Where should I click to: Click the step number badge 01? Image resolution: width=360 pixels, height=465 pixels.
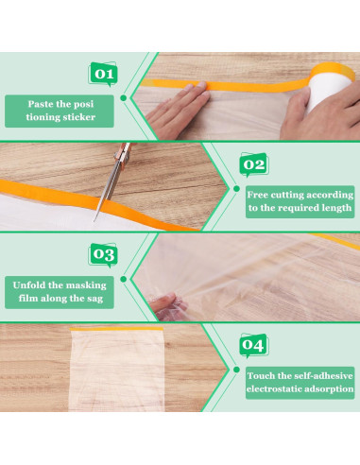point(103,75)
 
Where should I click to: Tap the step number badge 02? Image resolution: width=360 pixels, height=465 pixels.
point(254,164)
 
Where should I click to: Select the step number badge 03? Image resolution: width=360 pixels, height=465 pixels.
point(103,255)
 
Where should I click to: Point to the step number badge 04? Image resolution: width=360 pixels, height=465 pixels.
point(254,345)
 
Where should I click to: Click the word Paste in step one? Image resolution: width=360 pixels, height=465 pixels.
point(40,104)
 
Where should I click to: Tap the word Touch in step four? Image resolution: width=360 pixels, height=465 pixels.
point(261,376)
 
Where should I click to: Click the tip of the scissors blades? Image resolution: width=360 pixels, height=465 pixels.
point(94,221)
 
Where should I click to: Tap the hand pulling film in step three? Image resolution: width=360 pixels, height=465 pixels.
point(167,306)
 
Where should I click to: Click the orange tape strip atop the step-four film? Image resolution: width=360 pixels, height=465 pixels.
point(116,329)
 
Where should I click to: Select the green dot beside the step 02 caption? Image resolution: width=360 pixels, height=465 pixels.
point(236,188)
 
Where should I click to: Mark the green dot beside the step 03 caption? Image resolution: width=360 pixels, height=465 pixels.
point(124,279)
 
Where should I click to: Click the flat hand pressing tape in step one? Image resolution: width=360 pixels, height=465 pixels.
point(178,111)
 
